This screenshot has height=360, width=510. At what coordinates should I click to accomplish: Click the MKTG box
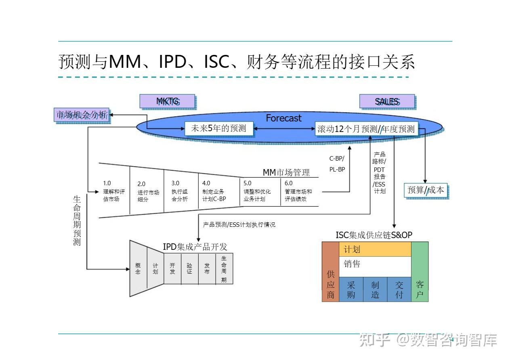[x=167, y=101]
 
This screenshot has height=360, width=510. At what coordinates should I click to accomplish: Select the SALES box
[x=387, y=101]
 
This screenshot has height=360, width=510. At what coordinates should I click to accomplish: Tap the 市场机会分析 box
[x=82, y=115]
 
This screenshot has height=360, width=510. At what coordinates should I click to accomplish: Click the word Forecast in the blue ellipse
[x=283, y=118]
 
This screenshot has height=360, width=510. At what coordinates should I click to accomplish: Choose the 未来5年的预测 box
[x=218, y=129]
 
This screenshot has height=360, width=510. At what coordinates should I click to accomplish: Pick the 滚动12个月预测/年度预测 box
[x=366, y=129]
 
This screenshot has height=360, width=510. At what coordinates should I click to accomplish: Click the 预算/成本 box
[x=426, y=190]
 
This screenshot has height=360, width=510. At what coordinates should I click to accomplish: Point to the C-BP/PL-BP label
[x=337, y=164]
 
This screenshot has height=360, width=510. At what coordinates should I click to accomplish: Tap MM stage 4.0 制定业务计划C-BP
[x=215, y=191]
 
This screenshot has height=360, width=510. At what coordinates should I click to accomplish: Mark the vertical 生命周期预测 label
[x=77, y=220]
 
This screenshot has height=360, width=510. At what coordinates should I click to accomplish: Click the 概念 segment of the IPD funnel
[x=138, y=269]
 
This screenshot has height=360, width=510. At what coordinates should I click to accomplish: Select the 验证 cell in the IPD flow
[x=189, y=269]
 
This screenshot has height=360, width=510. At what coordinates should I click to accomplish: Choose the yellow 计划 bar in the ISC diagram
[x=375, y=249]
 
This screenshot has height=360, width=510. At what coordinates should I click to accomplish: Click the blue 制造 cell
[x=375, y=289]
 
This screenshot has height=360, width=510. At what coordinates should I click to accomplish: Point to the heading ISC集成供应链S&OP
[x=374, y=235]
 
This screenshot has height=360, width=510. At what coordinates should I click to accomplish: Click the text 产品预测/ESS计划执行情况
[x=239, y=225]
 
